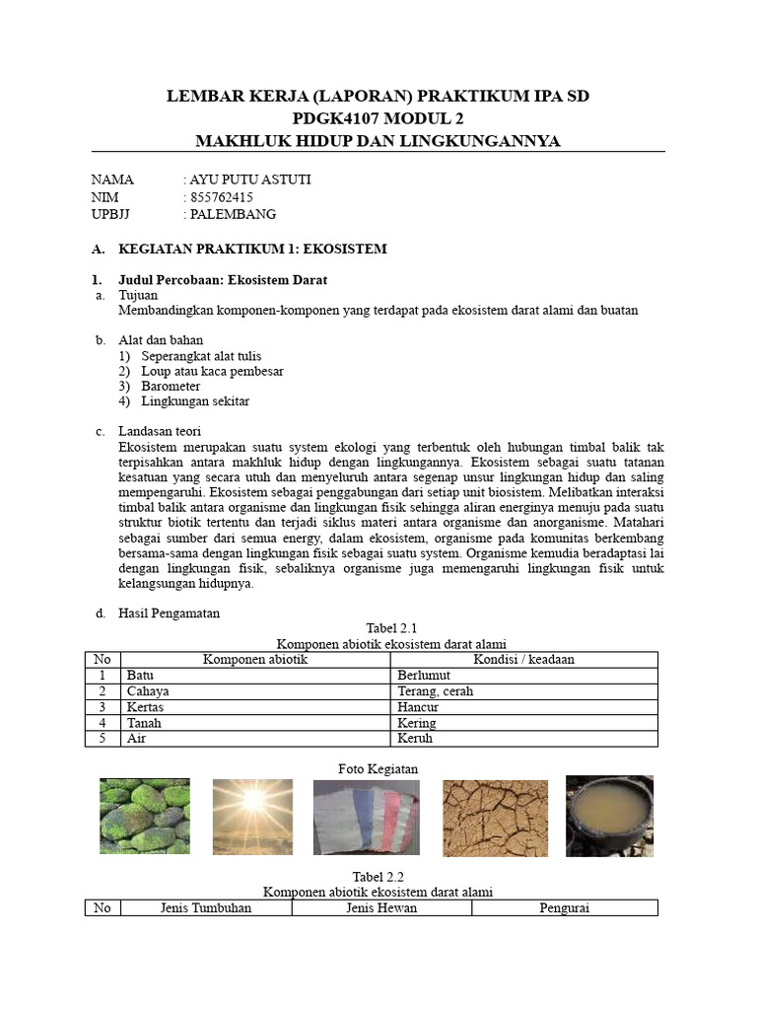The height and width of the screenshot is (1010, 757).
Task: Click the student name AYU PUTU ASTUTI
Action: coord(249,180)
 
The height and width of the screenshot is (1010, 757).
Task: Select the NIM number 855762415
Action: coord(221,197)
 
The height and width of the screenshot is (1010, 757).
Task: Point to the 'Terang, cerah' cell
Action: coord(435,691)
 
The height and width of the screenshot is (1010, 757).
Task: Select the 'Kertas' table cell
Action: coord(145,707)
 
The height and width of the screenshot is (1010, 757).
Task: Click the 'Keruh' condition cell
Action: coord(415,738)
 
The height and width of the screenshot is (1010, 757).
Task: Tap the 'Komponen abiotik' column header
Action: coord(255,659)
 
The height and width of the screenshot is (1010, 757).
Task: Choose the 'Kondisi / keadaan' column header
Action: coord(523,659)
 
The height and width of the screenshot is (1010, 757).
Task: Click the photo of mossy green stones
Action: coord(145,816)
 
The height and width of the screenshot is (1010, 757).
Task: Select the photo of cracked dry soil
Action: coord(495,818)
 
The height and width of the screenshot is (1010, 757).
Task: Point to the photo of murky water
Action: coord(609,815)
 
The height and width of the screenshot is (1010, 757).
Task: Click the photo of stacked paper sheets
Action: coord(366,818)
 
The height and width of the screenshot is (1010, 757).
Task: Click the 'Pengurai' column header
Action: coord(564,907)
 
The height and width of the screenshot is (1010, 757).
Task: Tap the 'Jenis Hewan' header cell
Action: coord(381,907)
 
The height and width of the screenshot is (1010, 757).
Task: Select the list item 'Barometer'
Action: coord(171,386)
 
